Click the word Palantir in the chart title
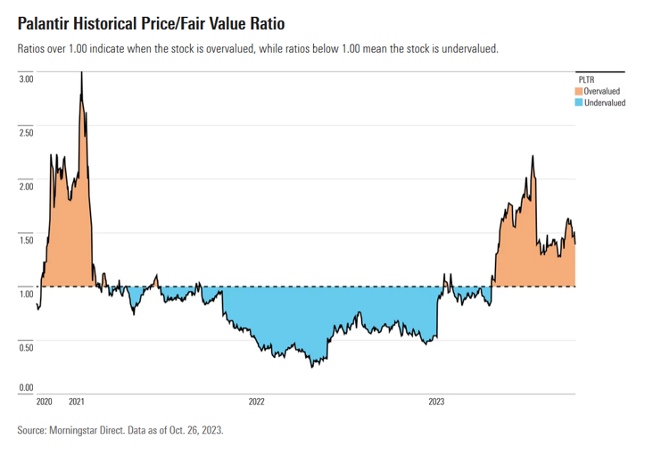47,21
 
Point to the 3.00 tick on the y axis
26,79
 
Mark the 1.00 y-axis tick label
26,293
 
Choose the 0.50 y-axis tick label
26,346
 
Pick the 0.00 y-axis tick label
26,387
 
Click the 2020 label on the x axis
45,402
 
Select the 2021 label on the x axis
78,402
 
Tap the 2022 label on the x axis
257,402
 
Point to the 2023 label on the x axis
437,402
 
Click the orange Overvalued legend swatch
578,91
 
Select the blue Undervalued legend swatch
578,103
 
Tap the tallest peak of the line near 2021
81,73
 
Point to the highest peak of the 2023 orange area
533,156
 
